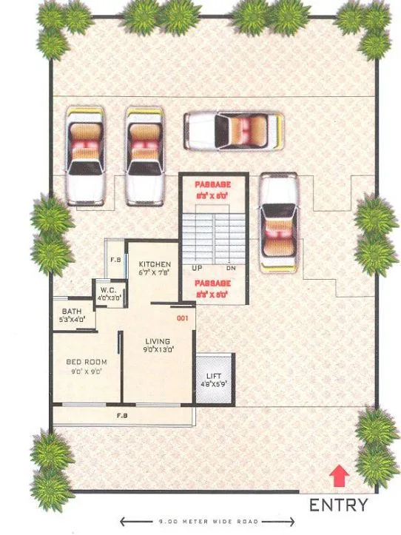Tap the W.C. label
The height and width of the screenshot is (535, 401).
click(107, 289)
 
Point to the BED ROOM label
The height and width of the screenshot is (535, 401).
click(87, 362)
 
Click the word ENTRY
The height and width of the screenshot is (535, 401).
click(338, 506)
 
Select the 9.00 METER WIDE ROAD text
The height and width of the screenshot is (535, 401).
click(200, 522)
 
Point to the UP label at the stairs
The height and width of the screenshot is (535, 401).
click(198, 268)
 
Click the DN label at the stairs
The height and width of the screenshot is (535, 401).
click(230, 268)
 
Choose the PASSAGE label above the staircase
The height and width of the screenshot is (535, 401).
click(212, 183)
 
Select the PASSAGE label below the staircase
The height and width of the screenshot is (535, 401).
click(212, 283)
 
